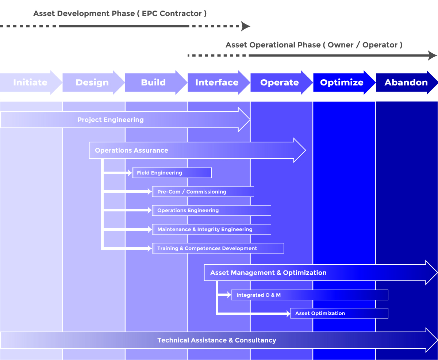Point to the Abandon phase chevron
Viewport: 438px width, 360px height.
(x=406, y=83)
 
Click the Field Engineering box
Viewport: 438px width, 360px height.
(x=172, y=173)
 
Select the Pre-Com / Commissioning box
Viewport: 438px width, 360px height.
(x=203, y=192)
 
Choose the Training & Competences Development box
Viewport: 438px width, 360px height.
(x=218, y=248)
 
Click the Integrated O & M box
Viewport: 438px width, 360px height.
(x=310, y=295)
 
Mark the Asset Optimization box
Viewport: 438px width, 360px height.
(x=339, y=313)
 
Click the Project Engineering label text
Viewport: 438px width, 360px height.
(x=111, y=120)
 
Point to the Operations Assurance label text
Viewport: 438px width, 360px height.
(x=131, y=150)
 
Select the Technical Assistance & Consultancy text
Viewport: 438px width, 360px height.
(x=216, y=340)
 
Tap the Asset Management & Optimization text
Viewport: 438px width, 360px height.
(x=268, y=273)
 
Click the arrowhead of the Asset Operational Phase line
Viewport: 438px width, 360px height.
(x=433, y=55)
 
